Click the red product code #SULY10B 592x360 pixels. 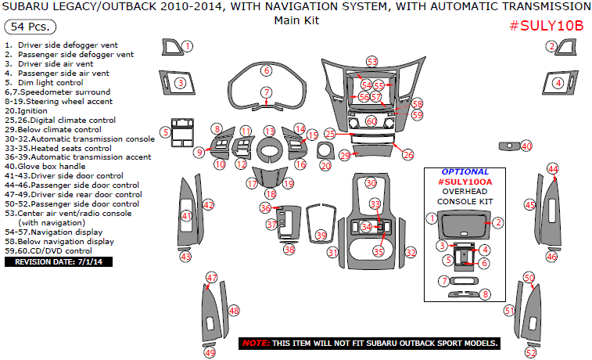point(547,24)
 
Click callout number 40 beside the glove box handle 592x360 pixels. point(526,146)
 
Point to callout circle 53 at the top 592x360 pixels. point(371,62)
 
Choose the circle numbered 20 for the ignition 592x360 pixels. point(325,166)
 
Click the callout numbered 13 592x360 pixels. point(269,131)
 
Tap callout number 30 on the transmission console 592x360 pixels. point(371,182)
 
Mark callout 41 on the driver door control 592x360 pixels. point(186,216)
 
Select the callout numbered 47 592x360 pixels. point(211,278)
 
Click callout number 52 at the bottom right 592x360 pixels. point(531,353)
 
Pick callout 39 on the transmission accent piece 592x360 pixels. point(321,236)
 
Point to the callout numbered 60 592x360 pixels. point(371,121)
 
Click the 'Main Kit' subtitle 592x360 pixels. point(296,20)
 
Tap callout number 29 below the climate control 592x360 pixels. point(345,157)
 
